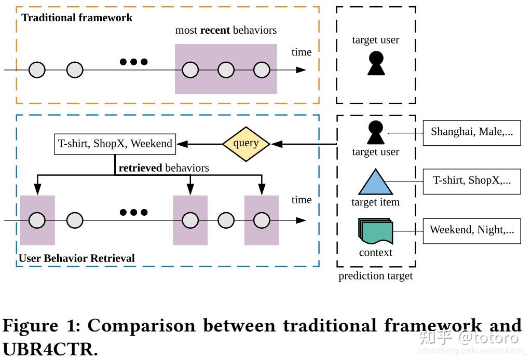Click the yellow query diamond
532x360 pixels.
point(246,144)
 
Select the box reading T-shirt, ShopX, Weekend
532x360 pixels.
point(115,144)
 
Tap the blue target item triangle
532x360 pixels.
point(376,182)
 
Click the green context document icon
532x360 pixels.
point(375,231)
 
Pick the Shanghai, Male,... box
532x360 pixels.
point(471,132)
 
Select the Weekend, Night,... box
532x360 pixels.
point(471,230)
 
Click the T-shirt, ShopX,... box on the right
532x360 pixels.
point(471,181)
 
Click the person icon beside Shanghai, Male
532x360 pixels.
point(375,132)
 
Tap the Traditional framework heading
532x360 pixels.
point(77,18)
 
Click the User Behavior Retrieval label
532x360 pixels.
point(76,258)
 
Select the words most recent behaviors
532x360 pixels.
point(226,30)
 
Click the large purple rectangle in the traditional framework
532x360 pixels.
point(226,69)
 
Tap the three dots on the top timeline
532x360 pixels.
point(133,62)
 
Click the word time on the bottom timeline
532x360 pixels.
point(301,200)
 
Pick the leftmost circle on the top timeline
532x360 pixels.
point(37,70)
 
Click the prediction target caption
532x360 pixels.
point(375,276)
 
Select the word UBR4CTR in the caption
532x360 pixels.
point(50,349)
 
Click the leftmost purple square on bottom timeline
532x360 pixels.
point(37,220)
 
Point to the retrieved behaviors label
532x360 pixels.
point(163,168)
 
